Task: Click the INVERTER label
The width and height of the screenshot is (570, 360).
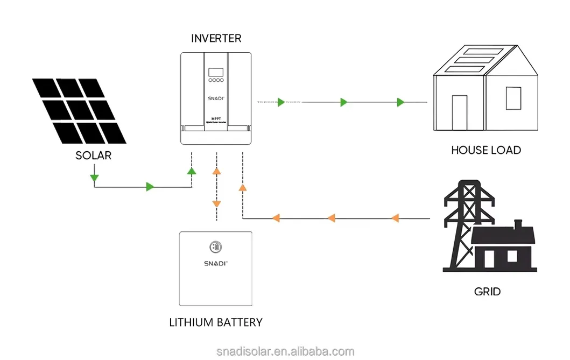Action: (x=216, y=38)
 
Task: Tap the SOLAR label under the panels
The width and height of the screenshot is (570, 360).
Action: (x=94, y=156)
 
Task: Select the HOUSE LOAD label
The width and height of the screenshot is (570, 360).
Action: (x=485, y=150)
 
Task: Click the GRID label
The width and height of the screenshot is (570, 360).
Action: (x=487, y=292)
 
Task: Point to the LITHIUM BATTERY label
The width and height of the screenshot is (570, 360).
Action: (x=215, y=323)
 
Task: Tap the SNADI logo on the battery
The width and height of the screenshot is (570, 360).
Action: (x=215, y=263)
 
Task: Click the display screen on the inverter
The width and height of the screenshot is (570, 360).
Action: (x=215, y=72)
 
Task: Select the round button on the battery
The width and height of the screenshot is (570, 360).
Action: (x=215, y=246)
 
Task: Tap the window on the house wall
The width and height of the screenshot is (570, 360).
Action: (x=513, y=97)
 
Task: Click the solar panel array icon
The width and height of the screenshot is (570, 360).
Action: (x=79, y=110)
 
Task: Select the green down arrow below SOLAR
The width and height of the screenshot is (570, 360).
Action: (x=94, y=177)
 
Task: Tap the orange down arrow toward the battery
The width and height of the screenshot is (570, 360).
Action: (x=216, y=204)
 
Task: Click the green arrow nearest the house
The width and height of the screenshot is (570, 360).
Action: (x=400, y=102)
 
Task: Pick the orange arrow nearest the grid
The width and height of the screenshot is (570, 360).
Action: (x=395, y=218)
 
